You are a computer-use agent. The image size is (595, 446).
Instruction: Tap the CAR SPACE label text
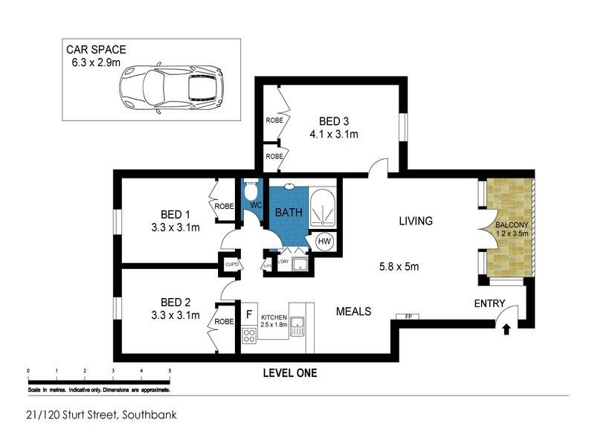tap(95, 50)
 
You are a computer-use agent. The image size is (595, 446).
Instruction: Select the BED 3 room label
tap(334, 121)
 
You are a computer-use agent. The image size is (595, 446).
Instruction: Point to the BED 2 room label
tap(176, 302)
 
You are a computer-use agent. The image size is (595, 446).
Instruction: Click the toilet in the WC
tap(251, 189)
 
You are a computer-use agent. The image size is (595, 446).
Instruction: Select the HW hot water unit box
tap(325, 242)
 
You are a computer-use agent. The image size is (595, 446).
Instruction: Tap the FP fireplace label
tap(408, 317)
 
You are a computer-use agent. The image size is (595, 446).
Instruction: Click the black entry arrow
tap(506, 328)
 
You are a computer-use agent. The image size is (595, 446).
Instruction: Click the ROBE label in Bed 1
tap(223, 207)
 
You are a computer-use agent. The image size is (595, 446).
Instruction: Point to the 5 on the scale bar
tap(170, 369)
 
